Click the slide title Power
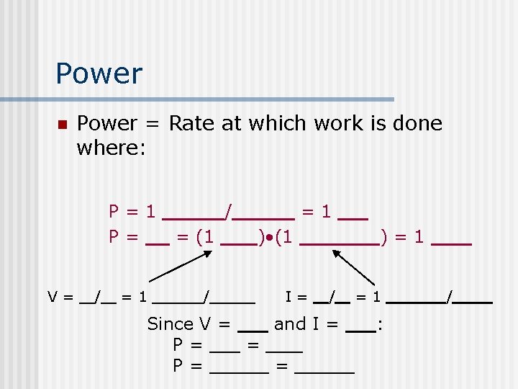click(x=99, y=73)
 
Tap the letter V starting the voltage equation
click(x=53, y=296)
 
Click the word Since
click(x=170, y=324)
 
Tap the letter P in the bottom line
click(x=178, y=366)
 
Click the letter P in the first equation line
click(x=114, y=212)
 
